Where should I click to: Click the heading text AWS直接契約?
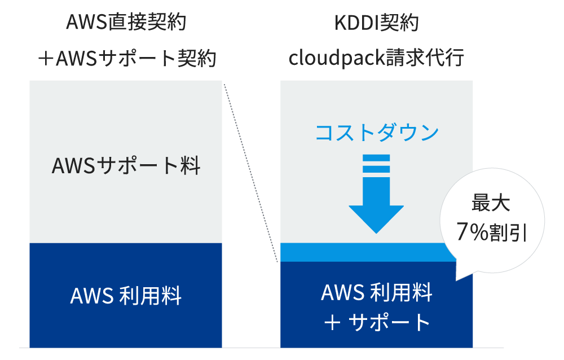126,23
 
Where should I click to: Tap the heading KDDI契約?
376,23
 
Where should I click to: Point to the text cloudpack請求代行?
376,58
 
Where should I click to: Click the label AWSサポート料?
126,166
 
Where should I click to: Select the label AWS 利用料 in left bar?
126,296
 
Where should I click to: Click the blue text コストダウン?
376,133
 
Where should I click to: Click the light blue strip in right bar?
361,252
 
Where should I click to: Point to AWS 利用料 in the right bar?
376,293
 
